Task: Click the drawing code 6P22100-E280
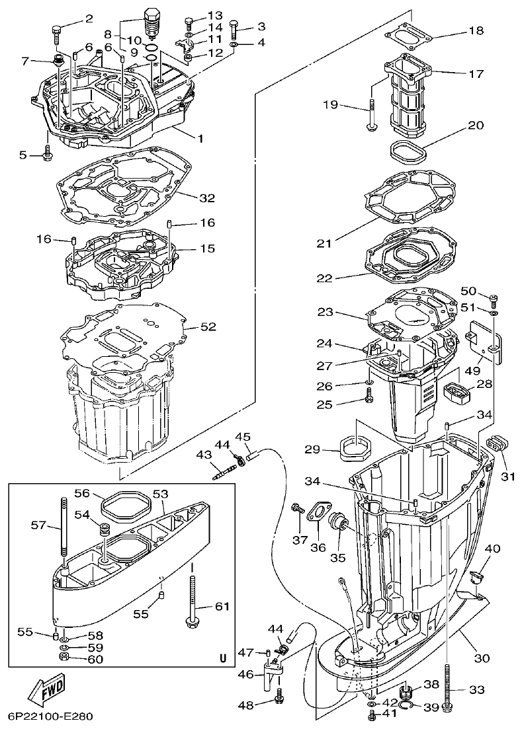click(x=51, y=716)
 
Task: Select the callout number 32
click(x=207, y=198)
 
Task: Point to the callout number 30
click(x=482, y=658)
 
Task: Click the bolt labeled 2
click(x=56, y=29)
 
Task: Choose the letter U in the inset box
click(x=222, y=658)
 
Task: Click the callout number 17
click(x=476, y=74)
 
